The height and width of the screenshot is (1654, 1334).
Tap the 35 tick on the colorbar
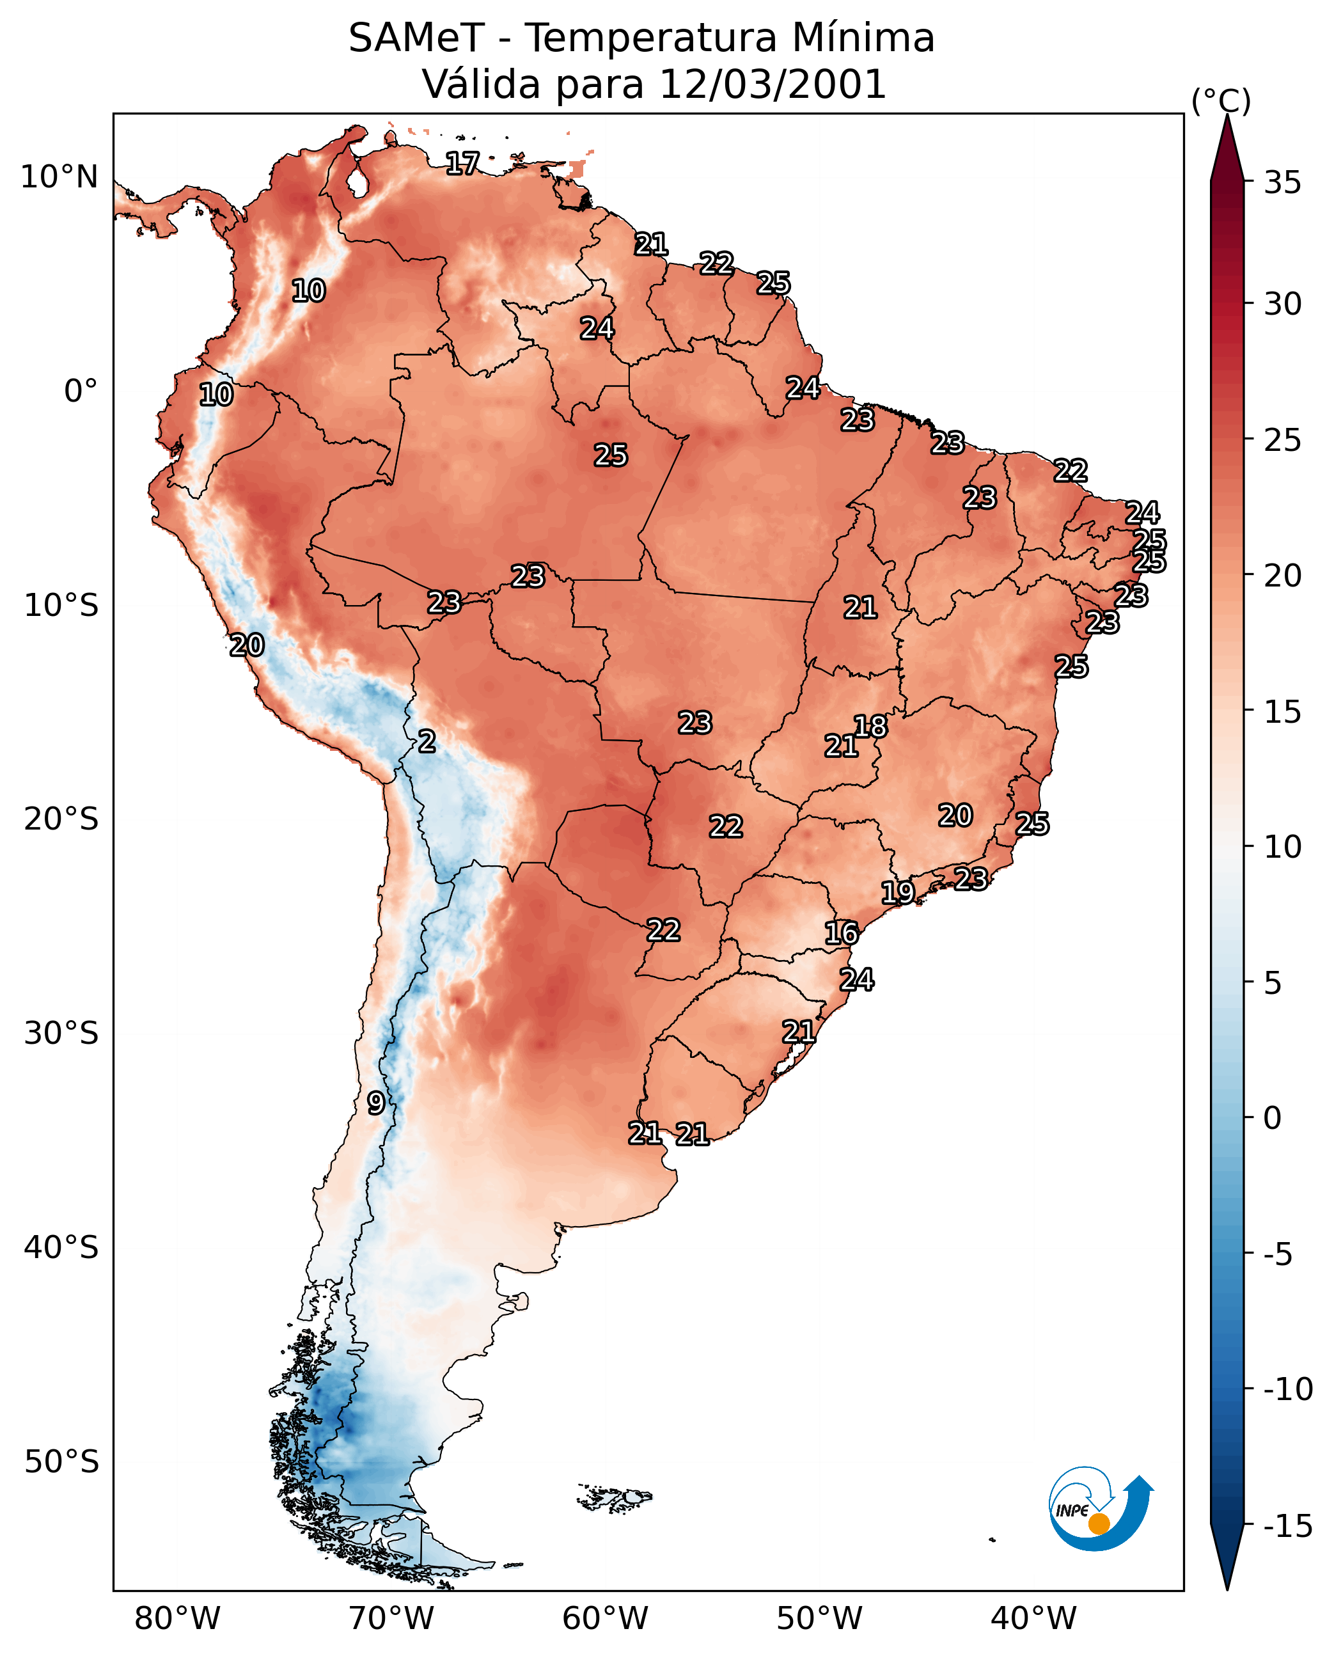[x=1282, y=183]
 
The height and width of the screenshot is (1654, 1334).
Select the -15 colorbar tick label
[x=1288, y=1527]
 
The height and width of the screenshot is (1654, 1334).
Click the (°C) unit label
[x=1221, y=100]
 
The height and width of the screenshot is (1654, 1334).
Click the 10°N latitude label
[x=59, y=178]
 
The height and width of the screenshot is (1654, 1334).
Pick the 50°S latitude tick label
[x=61, y=1461]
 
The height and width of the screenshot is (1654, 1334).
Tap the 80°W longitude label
[x=178, y=1619]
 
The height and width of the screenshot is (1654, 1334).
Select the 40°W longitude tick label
[x=1033, y=1619]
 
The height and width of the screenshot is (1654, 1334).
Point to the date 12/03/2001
[x=773, y=84]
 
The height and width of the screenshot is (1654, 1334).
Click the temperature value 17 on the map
[x=462, y=163]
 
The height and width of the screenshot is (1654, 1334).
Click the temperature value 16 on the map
[x=842, y=933]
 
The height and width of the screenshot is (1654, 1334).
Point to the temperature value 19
[x=897, y=892]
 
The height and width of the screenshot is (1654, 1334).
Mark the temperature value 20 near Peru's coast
[x=247, y=645]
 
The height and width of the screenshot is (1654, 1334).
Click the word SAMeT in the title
[x=416, y=38]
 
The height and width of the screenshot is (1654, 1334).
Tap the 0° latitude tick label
[x=81, y=391]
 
